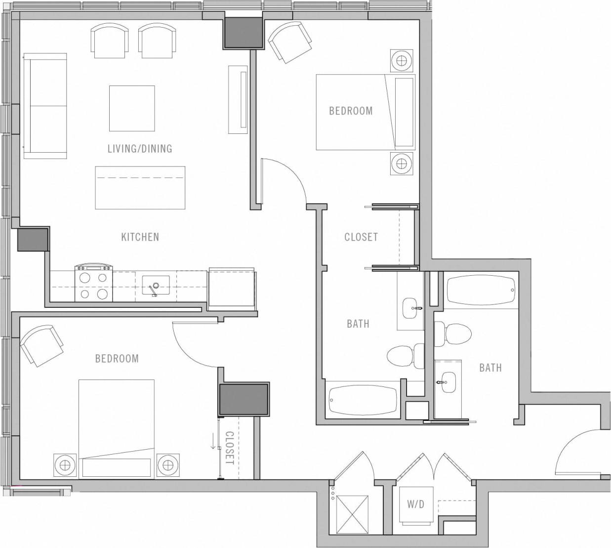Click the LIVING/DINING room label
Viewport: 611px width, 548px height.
point(140,148)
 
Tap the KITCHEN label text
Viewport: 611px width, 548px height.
point(140,237)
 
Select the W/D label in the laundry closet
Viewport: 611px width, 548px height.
point(415,505)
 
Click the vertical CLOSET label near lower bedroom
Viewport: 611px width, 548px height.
point(229,448)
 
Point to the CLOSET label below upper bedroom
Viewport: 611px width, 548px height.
point(361,237)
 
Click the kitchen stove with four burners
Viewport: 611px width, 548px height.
point(94,284)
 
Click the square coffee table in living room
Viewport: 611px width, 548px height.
point(132,108)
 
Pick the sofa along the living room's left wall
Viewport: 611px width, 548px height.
point(45,106)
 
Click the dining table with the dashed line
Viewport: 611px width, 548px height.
point(140,187)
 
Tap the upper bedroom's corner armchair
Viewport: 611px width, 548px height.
point(290,43)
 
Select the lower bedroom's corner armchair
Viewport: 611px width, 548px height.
point(42,345)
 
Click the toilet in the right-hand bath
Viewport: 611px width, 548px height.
point(453,335)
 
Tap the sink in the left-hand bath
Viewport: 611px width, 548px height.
point(410,308)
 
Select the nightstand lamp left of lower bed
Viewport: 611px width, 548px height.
point(65,464)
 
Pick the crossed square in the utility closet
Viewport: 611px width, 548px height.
point(353,514)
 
